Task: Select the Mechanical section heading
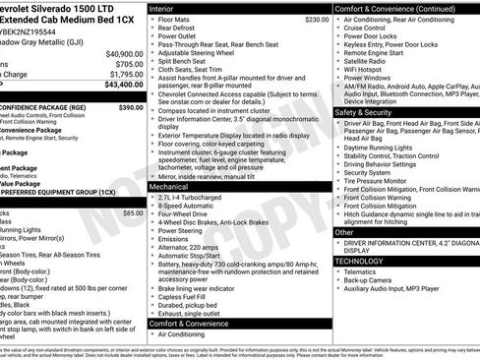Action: (169, 185)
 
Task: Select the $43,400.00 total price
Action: (124, 86)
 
